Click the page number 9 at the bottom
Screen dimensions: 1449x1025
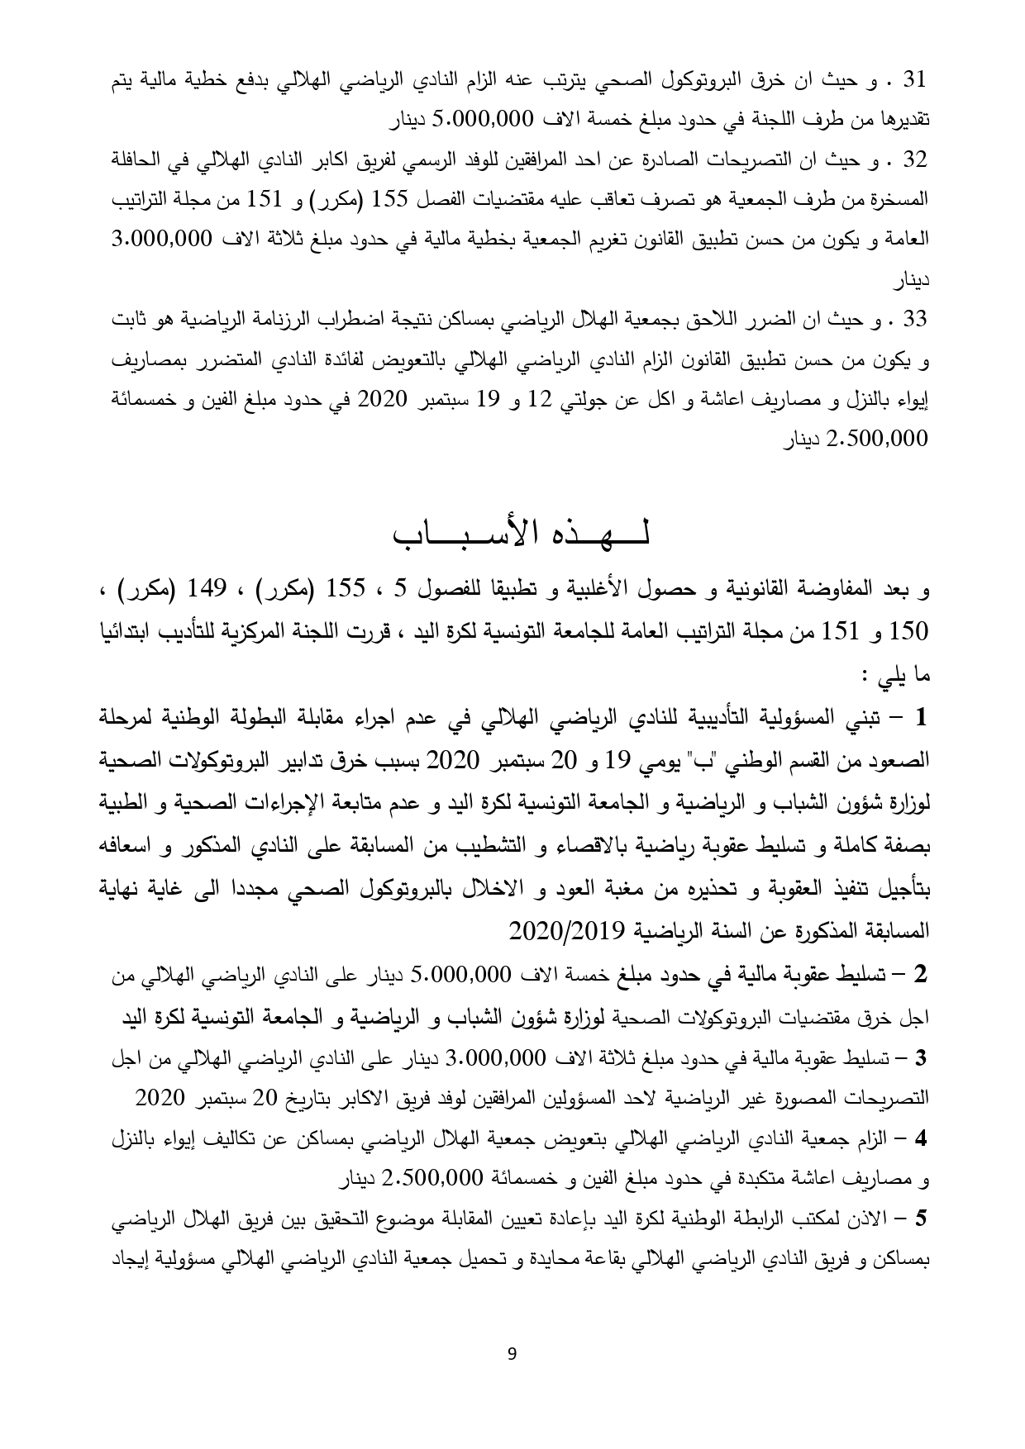pyautogui.click(x=512, y=1352)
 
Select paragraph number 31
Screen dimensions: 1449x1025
pyautogui.click(x=915, y=80)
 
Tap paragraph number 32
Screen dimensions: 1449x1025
pyautogui.click(x=915, y=159)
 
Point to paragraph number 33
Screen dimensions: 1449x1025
pyautogui.click(x=915, y=318)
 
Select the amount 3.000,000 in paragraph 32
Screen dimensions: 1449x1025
pyautogui.click(x=876, y=239)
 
